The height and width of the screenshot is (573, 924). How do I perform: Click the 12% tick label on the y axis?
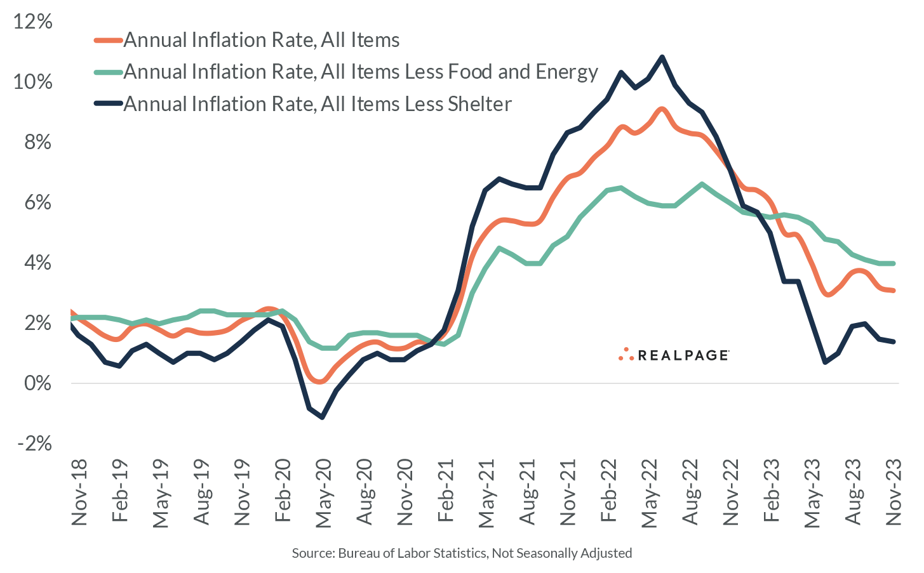pos(33,22)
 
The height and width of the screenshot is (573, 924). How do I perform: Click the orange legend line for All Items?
pos(108,41)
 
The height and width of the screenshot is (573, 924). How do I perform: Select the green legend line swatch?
pos(108,72)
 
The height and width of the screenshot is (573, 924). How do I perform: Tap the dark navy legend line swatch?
pos(108,104)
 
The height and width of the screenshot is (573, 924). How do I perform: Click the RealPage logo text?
pos(683,355)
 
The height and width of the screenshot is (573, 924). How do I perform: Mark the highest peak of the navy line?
pos(662,57)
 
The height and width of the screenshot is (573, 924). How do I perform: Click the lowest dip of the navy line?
pos(323,417)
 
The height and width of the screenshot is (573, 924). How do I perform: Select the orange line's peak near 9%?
pos(662,109)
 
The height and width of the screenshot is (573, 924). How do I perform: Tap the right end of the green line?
pos(894,263)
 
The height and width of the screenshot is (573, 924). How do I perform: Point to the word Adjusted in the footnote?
pos(606,553)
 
